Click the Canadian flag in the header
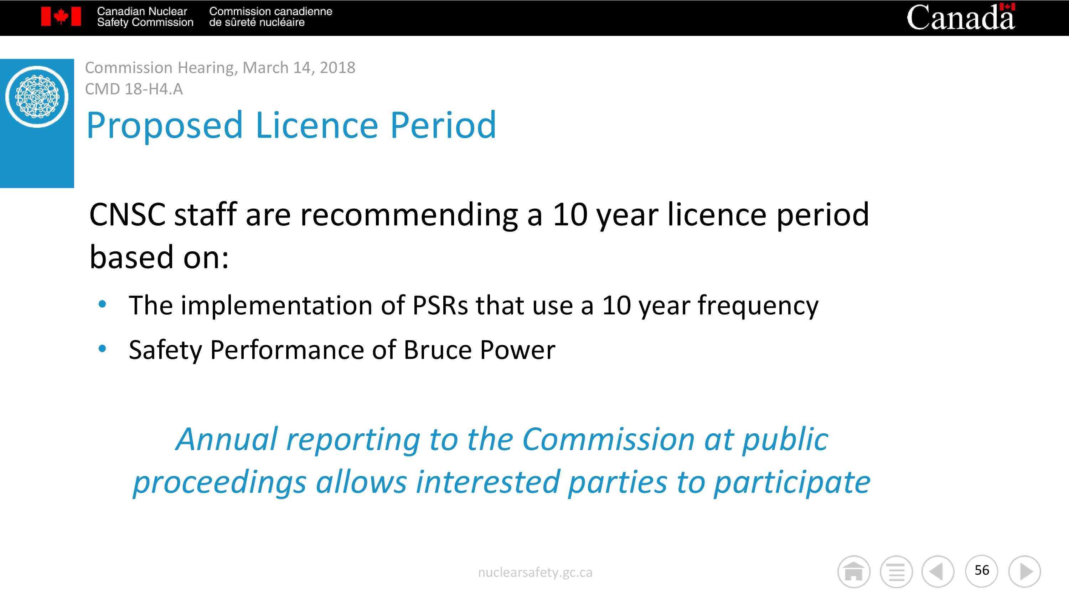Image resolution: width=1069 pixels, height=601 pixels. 61,17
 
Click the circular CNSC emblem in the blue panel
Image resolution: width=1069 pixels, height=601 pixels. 37,96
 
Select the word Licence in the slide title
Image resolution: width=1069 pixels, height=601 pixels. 317,125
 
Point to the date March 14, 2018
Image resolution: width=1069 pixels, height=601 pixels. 299,68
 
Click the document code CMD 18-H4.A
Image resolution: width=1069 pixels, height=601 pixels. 134,89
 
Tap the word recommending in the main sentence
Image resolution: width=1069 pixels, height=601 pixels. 409,215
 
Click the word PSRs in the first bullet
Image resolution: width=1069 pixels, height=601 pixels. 440,305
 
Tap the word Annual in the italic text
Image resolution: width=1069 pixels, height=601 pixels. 227,439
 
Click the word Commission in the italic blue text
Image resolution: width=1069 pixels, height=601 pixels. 608,439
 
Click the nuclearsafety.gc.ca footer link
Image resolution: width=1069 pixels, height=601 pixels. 535,573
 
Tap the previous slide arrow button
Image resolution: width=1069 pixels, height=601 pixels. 938,571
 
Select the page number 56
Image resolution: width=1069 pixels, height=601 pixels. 982,570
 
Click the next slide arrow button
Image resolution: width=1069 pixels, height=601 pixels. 1024,571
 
